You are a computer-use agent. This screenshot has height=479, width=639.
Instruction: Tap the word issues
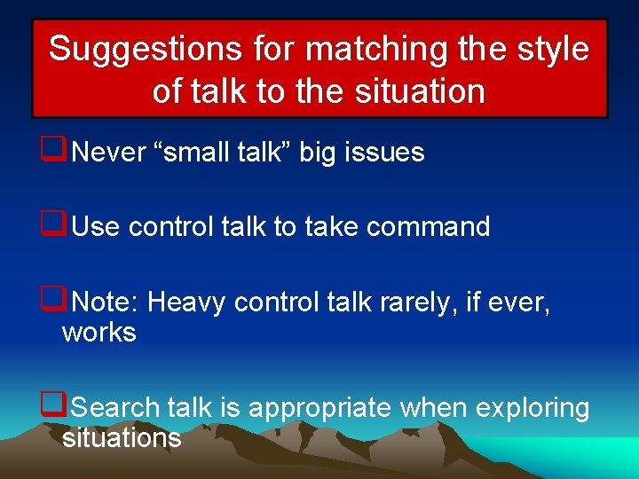pos(390,153)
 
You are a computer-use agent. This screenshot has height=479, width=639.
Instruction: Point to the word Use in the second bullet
pos(96,227)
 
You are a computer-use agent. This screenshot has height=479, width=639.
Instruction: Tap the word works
pos(99,334)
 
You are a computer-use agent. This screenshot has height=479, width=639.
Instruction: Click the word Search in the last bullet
pos(114,408)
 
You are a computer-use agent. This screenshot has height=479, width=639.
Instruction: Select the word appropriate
pos(319,408)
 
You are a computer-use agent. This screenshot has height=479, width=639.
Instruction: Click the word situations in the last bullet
pos(122,438)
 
